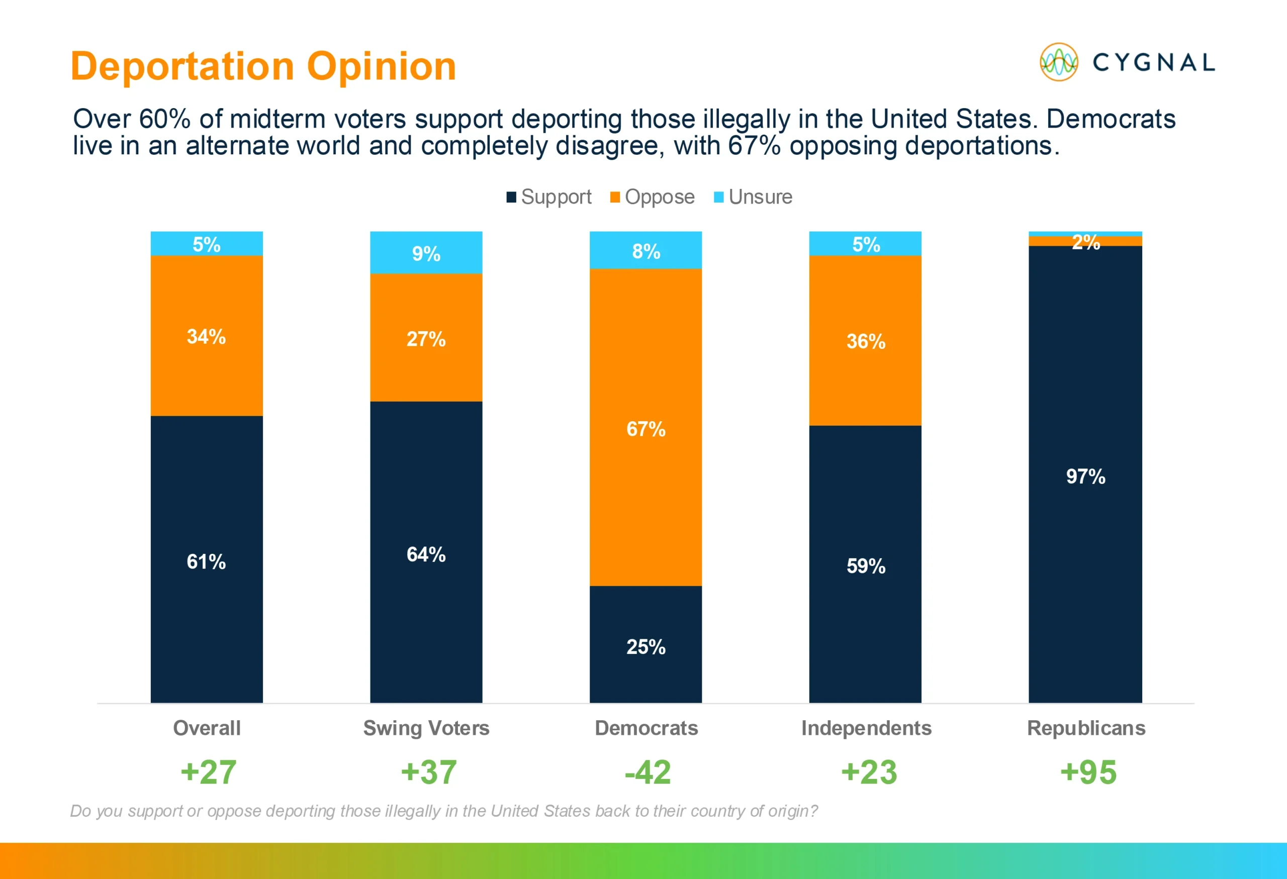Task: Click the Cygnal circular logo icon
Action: coord(1058,62)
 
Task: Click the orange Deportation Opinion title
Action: coord(263,66)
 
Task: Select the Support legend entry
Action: coord(549,197)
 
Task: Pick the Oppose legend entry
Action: coord(653,197)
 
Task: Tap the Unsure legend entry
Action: coord(753,197)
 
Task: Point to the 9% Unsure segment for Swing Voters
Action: coord(426,252)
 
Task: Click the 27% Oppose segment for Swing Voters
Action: coord(426,338)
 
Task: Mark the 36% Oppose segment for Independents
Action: coord(865,340)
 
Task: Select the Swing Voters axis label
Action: coord(426,728)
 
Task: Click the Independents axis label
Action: coord(866,728)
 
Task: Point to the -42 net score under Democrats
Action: coord(648,772)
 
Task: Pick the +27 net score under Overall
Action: coord(208,772)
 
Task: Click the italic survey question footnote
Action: coord(443,811)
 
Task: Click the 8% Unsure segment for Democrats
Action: coord(646,250)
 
